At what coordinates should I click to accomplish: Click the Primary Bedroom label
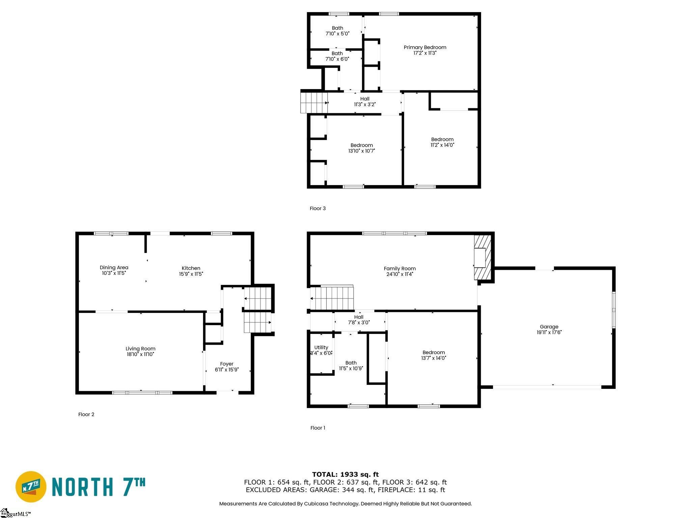click(425, 48)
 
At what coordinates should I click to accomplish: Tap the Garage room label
click(549, 326)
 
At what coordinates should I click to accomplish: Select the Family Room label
click(399, 269)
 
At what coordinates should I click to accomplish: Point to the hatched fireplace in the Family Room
click(482, 257)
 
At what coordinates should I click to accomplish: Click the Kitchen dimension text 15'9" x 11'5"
click(191, 274)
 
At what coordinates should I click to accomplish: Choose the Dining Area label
click(114, 267)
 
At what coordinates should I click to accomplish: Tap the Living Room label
click(140, 349)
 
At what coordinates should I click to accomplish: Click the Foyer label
click(227, 364)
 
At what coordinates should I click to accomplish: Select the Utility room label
click(321, 347)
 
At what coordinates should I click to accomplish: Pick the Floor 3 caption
click(318, 208)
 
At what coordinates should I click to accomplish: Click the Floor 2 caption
click(86, 414)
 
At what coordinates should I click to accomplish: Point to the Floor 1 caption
click(318, 428)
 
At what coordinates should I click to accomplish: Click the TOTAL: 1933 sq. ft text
click(345, 474)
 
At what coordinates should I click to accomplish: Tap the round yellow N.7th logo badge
click(31, 487)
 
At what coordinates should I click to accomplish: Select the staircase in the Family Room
click(332, 298)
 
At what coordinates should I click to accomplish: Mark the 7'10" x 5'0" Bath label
click(337, 31)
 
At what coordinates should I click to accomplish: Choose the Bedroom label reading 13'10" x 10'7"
click(362, 148)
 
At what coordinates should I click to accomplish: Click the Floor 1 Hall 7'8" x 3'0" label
click(359, 320)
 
